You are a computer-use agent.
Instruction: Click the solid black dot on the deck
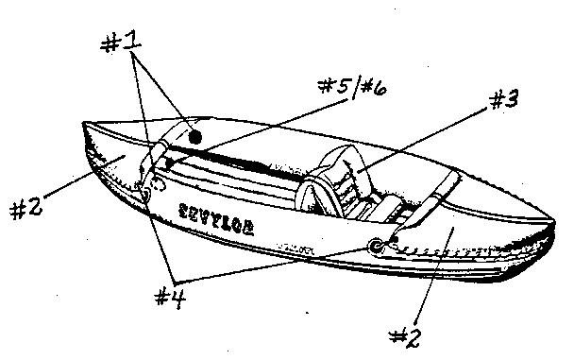tap(194, 137)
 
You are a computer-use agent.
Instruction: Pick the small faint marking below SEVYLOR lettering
tap(300, 249)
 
